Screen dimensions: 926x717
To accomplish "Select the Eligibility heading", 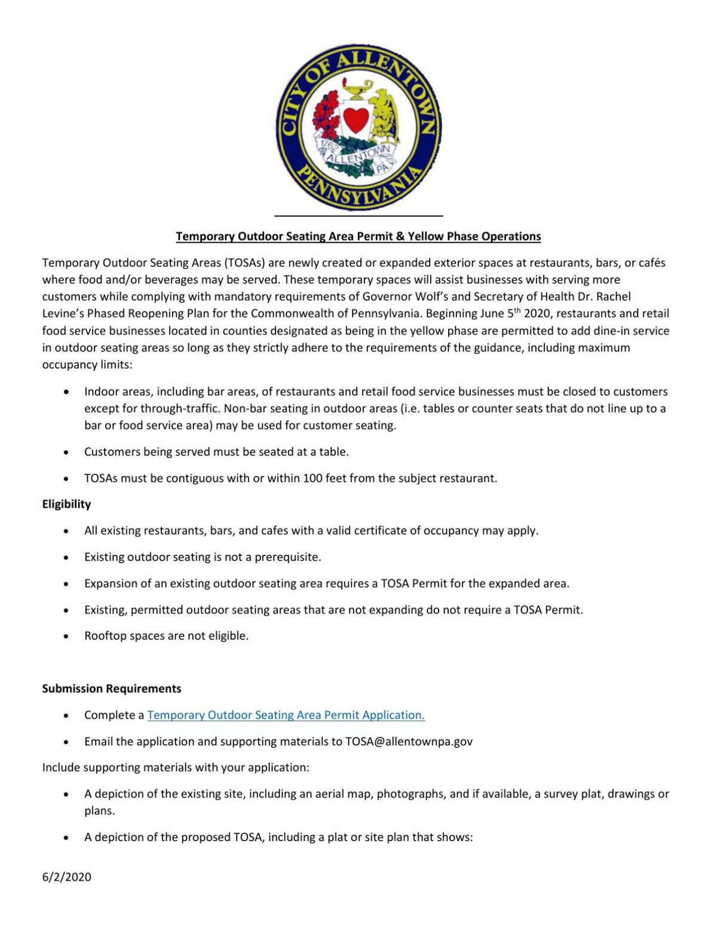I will click(66, 504).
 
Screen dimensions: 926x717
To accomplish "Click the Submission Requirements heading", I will click(111, 689).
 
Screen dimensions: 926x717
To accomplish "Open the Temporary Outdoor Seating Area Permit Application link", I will click(286, 715).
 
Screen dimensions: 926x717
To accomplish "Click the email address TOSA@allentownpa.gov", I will click(409, 741).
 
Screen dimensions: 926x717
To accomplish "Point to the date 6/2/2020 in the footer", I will click(66, 877).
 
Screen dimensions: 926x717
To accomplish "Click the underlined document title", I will click(358, 236).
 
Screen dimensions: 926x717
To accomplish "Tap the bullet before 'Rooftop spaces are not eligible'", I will click(66, 637).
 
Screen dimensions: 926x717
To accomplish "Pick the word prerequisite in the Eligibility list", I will click(287, 557).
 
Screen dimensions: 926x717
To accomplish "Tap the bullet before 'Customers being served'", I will click(66, 453).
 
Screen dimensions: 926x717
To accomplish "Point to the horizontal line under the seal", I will click(358, 215).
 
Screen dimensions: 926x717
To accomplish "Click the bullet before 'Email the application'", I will click(66, 742).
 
